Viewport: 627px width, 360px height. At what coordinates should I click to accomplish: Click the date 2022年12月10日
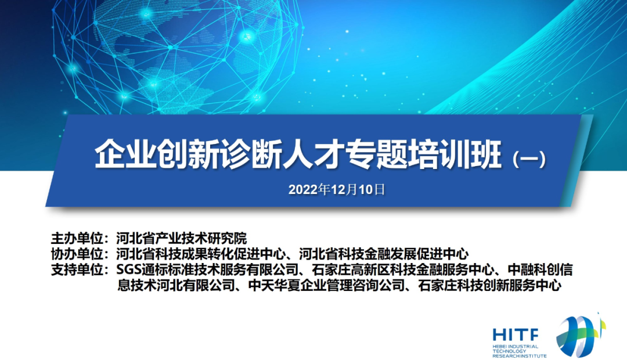point(337,189)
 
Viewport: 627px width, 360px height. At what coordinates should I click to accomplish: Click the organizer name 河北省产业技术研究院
point(181,238)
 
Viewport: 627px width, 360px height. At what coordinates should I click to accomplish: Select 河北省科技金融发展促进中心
point(384,254)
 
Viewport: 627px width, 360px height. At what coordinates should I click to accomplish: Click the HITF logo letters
point(515,334)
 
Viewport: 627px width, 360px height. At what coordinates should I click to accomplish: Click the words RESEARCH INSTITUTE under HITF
point(518,355)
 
